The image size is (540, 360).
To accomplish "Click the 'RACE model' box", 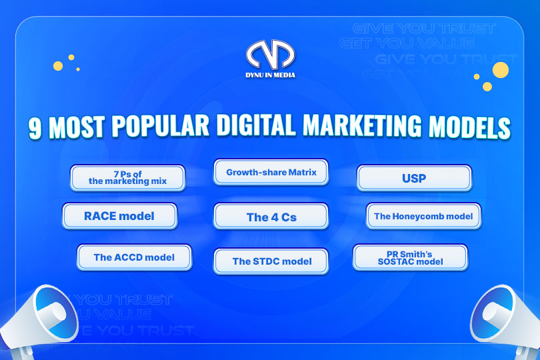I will point(119,216).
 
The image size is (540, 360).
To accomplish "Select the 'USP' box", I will point(415,178).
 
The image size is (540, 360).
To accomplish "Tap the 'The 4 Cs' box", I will point(271,217).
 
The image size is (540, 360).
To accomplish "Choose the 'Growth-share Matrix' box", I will point(270,172).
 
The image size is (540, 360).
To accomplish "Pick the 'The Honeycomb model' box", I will point(423,216).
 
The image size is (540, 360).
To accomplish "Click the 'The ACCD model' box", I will point(134,257).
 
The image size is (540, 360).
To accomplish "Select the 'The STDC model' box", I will point(271,261).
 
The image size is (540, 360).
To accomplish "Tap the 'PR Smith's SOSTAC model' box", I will point(410,257).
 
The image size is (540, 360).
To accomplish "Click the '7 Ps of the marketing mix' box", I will point(127,177).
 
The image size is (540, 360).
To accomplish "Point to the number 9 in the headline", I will point(37,128).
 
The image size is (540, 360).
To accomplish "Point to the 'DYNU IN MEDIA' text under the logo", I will point(270,75).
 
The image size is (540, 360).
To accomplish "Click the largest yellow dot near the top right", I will point(500,69).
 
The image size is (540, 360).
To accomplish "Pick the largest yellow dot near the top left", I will point(58,66).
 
